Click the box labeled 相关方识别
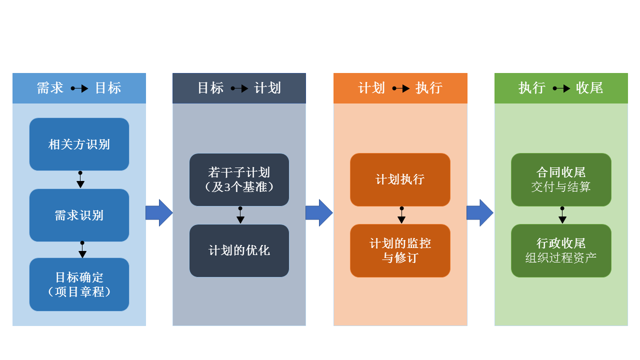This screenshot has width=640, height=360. pyautogui.click(x=79, y=144)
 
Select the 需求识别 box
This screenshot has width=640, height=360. pyautogui.click(x=79, y=215)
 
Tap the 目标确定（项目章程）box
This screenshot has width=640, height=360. pyautogui.click(x=79, y=284)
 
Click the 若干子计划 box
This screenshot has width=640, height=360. pyautogui.click(x=239, y=179)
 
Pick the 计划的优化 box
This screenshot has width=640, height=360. pyautogui.click(x=239, y=250)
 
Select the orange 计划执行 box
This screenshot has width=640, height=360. pyautogui.click(x=400, y=179)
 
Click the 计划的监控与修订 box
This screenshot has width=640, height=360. pyautogui.click(x=400, y=250)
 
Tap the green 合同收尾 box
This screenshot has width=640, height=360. pyautogui.click(x=561, y=179)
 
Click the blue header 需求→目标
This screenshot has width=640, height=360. pyautogui.click(x=79, y=88)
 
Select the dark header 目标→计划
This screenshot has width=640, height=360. pyautogui.click(x=239, y=88)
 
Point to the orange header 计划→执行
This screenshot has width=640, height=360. pyautogui.click(x=400, y=88)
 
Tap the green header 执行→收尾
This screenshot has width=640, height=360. pyautogui.click(x=561, y=88)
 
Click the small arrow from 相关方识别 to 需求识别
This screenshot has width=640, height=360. pyautogui.click(x=80, y=180)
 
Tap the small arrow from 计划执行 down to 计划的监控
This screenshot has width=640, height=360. pyautogui.click(x=401, y=215)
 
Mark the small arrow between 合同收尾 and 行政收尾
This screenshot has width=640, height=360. pyautogui.click(x=562, y=215)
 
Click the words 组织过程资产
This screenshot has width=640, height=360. pyautogui.click(x=561, y=258)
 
